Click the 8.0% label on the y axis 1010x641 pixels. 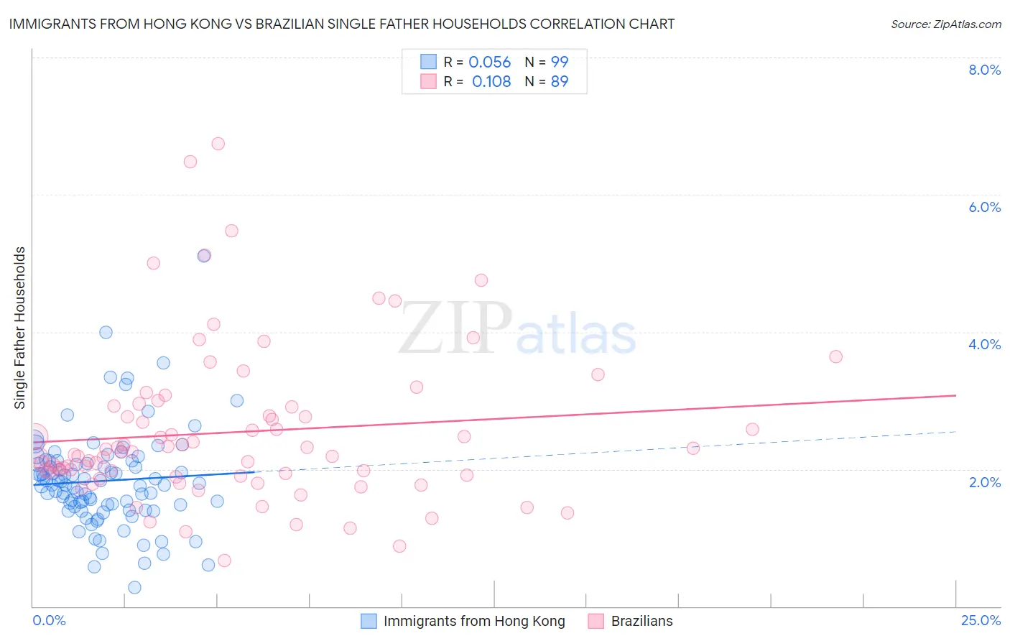tap(984, 70)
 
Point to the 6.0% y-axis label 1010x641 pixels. tap(984, 207)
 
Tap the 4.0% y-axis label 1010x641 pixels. tap(984, 344)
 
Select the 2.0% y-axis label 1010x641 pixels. tap(984, 482)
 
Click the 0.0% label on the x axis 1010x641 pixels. tap(49, 620)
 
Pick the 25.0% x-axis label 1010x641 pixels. tap(981, 620)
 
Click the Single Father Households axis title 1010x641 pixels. tap(20, 328)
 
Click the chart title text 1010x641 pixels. tap(342, 24)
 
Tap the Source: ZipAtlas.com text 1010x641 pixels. tap(945, 24)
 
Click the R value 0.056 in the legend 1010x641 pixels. tap(489, 63)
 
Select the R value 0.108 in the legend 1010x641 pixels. tap(491, 82)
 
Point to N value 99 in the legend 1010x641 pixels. tap(560, 63)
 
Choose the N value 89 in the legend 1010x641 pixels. tap(560, 82)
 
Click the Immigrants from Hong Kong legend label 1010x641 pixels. tap(474, 621)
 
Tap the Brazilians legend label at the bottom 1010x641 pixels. tap(641, 621)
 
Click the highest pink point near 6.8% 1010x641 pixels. tap(218, 144)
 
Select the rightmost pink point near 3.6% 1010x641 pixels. tap(835, 356)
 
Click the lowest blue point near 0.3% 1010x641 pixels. tap(134, 588)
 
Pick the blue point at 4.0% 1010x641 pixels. tap(106, 332)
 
